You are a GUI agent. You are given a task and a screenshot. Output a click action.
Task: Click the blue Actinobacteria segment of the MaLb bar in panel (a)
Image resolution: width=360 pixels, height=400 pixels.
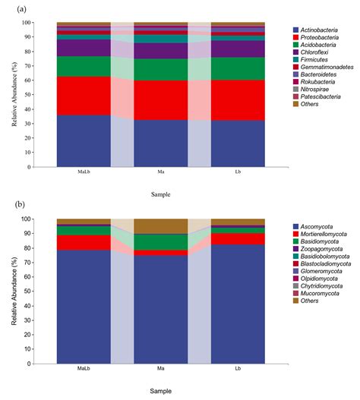(x=84, y=141)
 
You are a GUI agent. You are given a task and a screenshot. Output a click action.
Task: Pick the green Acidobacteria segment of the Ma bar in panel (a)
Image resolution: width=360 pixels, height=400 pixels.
(x=161, y=69)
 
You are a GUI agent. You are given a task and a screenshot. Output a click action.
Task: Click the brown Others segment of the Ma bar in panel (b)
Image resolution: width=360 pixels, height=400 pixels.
(x=161, y=225)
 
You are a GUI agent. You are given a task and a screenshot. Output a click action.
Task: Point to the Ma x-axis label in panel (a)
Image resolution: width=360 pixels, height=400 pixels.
(x=161, y=172)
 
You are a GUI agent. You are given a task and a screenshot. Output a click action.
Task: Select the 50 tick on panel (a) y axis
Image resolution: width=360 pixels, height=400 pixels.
(x=46, y=95)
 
